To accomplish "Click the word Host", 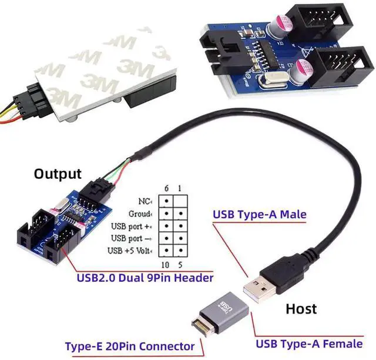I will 301,309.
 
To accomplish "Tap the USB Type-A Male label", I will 259,215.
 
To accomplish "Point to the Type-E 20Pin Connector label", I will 129,346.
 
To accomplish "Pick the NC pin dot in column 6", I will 166,201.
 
